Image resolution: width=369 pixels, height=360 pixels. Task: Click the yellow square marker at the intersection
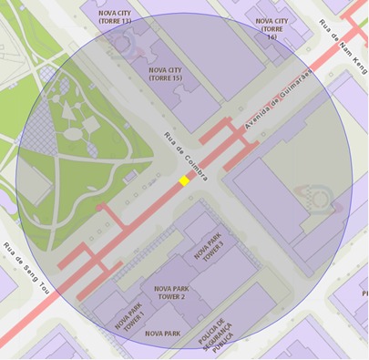[184, 181]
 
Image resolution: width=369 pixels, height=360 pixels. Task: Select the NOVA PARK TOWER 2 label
[169, 292]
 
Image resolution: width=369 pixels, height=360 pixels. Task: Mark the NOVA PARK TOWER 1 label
[129, 319]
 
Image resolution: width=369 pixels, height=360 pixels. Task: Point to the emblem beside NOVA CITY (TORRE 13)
[125, 41]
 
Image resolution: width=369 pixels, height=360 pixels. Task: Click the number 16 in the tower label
[272, 37]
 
